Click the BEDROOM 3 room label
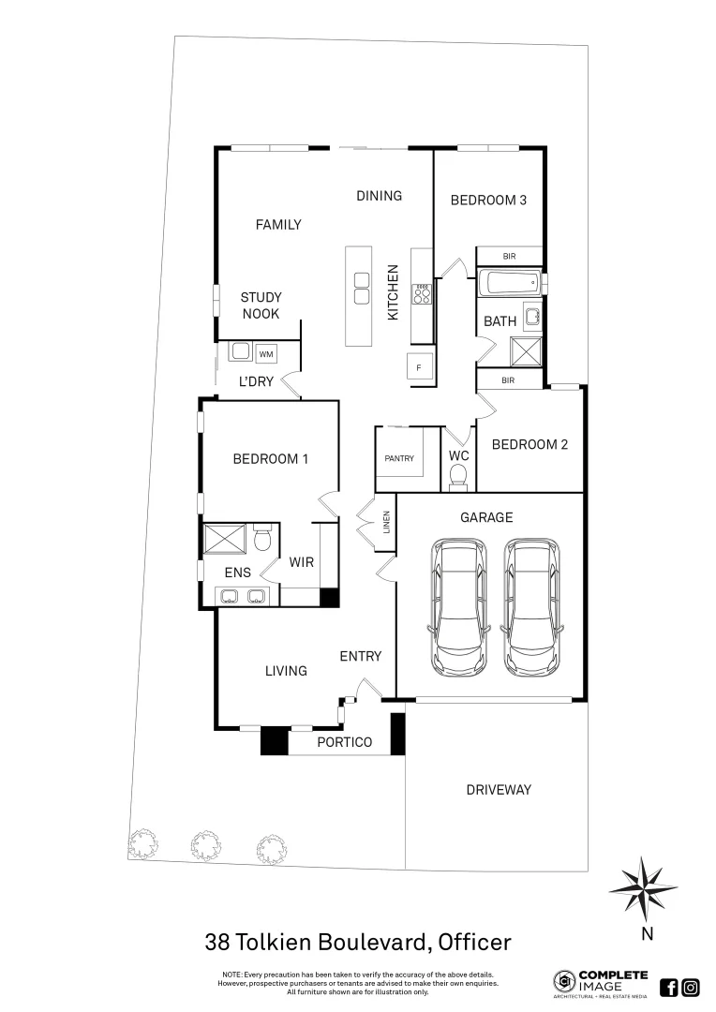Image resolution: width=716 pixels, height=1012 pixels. (x=488, y=200)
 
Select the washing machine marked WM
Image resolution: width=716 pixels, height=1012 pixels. (x=266, y=353)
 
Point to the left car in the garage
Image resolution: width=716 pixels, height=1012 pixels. (x=459, y=606)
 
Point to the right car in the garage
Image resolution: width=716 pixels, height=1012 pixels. (x=531, y=606)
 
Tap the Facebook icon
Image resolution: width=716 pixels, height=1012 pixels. (x=669, y=987)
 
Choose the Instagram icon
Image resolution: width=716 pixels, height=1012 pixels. (x=691, y=987)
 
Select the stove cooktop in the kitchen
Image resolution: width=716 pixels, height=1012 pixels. (x=423, y=295)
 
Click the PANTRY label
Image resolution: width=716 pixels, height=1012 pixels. (x=399, y=458)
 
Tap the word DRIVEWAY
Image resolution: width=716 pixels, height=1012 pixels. (x=499, y=790)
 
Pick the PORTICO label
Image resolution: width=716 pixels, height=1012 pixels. (x=344, y=742)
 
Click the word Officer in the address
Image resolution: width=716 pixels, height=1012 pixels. (x=473, y=941)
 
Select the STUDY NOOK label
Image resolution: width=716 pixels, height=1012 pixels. (x=261, y=305)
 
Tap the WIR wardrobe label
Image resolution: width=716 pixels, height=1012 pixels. (x=301, y=562)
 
